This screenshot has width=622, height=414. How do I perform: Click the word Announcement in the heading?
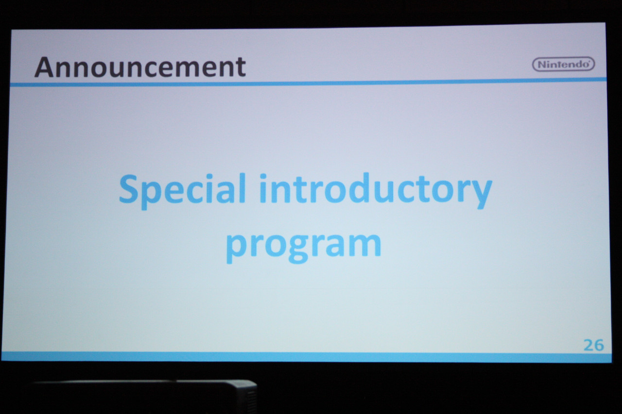[140, 67]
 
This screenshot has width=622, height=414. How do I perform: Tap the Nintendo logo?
[563, 65]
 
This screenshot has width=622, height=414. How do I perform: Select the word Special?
[182, 190]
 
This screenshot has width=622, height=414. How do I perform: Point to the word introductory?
[376, 190]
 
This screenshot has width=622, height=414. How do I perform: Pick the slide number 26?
[594, 345]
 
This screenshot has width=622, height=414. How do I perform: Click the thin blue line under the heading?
[308, 82]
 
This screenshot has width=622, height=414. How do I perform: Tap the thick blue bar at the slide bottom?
[306, 357]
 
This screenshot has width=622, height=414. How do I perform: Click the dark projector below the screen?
[144, 397]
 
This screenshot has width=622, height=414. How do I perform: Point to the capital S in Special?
[128, 188]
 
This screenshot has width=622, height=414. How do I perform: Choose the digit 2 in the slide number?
[588, 345]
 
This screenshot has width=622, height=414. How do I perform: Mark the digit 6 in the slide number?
[599, 346]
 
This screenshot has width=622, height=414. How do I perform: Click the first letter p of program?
[236, 248]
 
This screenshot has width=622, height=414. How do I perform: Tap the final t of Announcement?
[241, 68]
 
